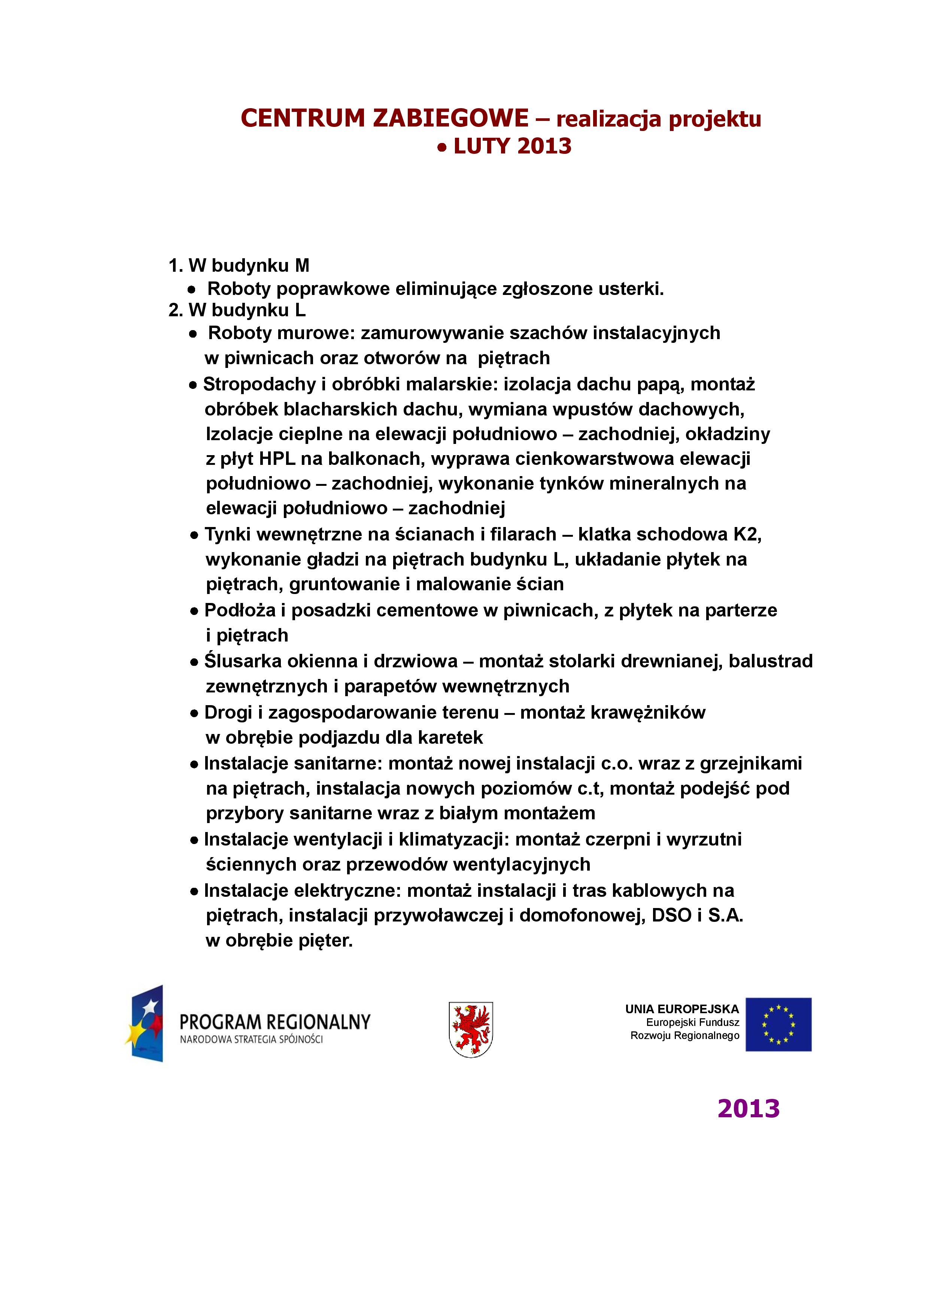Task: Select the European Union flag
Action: point(778,1024)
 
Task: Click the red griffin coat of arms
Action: point(471,1029)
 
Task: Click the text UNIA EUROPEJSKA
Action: point(682,1009)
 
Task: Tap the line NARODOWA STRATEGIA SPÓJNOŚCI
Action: point(251,1039)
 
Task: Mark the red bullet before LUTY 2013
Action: point(441,147)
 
